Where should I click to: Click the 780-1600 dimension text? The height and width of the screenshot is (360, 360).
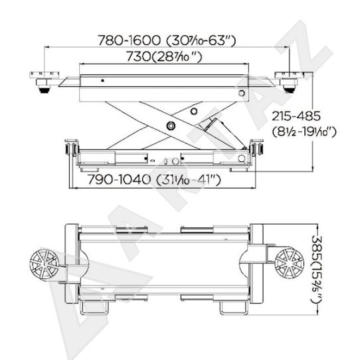(167, 41)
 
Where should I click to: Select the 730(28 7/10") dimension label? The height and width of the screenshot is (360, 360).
(164, 56)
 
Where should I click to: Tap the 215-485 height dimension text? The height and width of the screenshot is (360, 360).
(296, 116)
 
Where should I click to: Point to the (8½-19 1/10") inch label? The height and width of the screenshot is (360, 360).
(304, 132)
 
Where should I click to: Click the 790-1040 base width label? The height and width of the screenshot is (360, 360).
(154, 179)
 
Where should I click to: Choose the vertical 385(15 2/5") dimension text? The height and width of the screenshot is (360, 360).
(316, 270)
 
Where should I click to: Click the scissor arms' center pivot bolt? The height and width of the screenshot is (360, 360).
(171, 126)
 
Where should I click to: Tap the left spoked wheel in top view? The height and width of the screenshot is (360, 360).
(45, 265)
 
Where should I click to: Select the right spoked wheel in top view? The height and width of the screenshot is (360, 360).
(290, 262)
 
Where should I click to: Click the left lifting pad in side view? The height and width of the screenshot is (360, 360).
(44, 81)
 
